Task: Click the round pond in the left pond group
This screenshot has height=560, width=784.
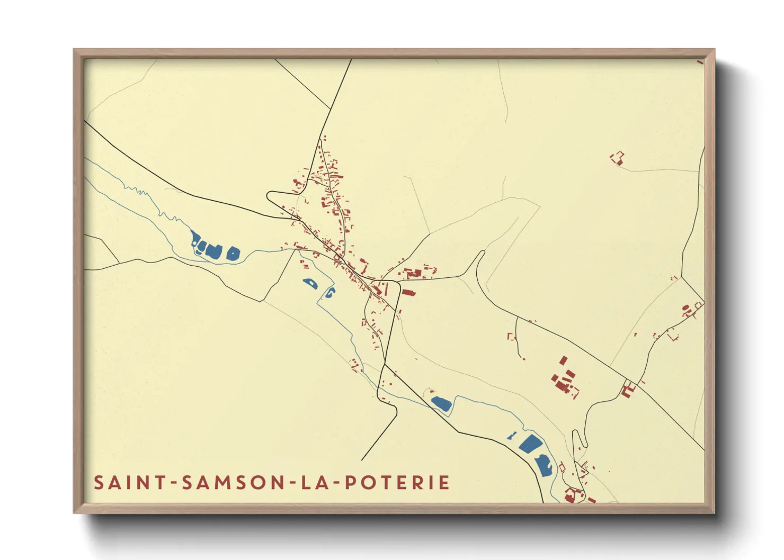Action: click(233, 254)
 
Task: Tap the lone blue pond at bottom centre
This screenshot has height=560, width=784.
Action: click(441, 404)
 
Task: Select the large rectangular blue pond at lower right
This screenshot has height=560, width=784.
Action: click(530, 443)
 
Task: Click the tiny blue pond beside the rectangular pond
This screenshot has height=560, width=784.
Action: click(512, 436)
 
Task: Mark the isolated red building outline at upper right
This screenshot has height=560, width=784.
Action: click(617, 158)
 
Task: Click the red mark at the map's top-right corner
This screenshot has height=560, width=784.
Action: click(700, 62)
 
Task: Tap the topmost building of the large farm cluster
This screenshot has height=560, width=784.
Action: click(563, 360)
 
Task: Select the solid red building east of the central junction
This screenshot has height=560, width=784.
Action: click(408, 292)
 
